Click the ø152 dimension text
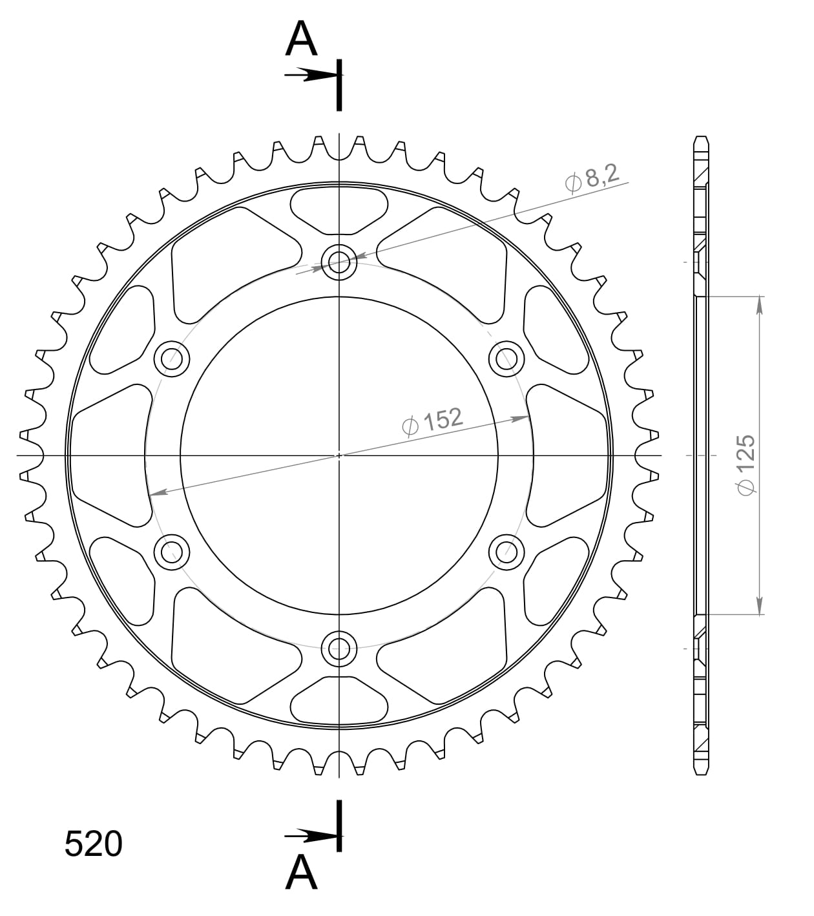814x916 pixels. [432, 421]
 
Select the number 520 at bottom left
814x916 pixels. [94, 844]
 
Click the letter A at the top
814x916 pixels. [302, 39]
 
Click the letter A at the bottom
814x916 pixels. [302, 873]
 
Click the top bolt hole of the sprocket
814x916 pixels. [339, 262]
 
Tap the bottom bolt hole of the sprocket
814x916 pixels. [339, 648]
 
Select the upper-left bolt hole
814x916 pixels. [172, 359]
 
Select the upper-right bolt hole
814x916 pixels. [506, 359]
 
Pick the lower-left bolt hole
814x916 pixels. [172, 552]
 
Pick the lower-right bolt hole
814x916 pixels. [506, 552]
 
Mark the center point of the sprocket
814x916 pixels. [339, 455]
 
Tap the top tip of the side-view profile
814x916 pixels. [701, 138]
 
